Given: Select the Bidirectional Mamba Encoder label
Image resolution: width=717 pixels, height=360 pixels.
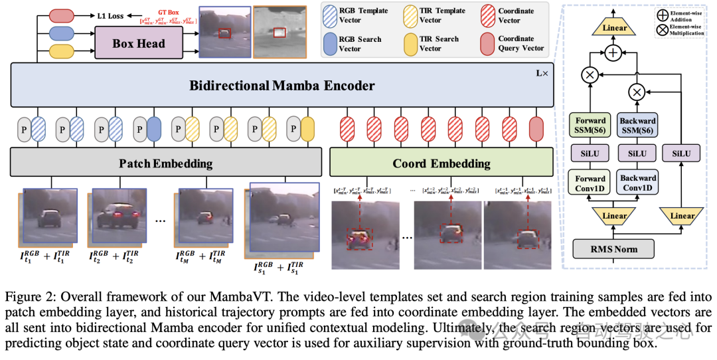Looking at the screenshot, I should coord(282,86).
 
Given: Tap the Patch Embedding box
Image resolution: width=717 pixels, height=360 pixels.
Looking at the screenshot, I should coord(166,163).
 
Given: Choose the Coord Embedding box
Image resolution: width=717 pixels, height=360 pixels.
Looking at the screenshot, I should coord(441,163).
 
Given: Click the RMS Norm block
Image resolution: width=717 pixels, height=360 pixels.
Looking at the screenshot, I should coord(613,250).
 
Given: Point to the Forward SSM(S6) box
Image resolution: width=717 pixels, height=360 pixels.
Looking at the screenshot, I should coord(590,125).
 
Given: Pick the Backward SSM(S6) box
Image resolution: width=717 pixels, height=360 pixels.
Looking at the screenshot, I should coord(637,125).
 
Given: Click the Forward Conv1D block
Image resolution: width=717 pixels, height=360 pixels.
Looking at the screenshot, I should coord(590,183).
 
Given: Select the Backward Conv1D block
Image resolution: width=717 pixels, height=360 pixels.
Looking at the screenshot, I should coord(637,183).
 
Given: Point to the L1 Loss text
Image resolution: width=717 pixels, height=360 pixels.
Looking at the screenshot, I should coord(109,15).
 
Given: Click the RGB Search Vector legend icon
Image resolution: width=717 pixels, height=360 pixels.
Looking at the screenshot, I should coord(331,44).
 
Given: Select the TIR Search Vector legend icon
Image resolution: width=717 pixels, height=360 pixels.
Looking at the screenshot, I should coord(410,44).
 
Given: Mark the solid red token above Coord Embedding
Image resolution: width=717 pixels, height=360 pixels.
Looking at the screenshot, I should coord(536,128).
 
